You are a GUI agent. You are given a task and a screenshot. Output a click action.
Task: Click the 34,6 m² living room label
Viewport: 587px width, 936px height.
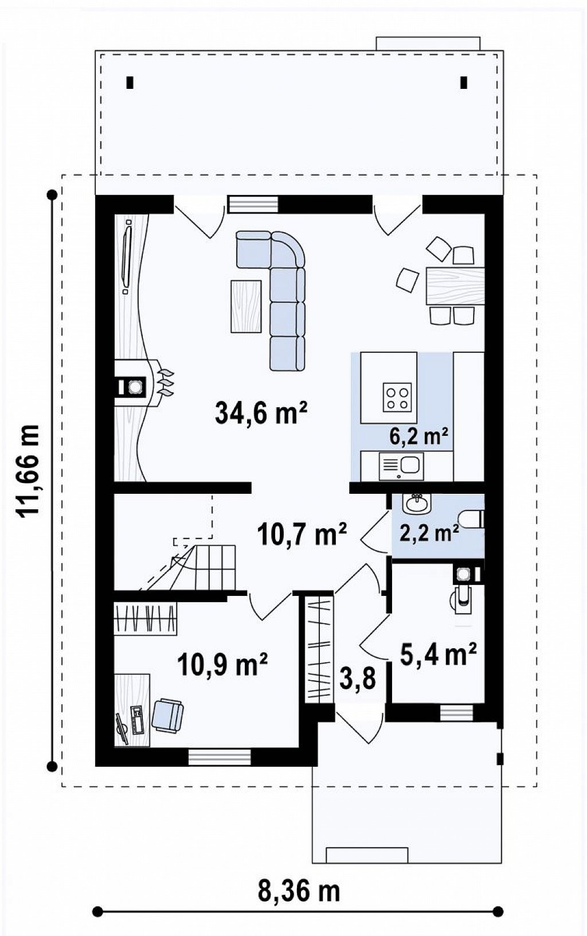tap(261, 412)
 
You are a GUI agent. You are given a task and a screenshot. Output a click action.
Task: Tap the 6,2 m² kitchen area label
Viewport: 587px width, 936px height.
tap(418, 436)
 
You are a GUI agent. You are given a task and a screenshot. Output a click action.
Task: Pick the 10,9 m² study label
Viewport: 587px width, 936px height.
tap(222, 664)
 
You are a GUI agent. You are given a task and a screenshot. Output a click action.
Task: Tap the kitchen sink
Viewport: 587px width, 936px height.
tap(401, 466)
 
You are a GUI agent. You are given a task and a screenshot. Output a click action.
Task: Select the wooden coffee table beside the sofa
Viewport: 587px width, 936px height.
tap(246, 306)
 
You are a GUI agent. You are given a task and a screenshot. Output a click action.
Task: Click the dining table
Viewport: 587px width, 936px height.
tap(455, 286)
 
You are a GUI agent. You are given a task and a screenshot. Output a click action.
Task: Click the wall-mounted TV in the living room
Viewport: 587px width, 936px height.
tap(127, 256)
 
